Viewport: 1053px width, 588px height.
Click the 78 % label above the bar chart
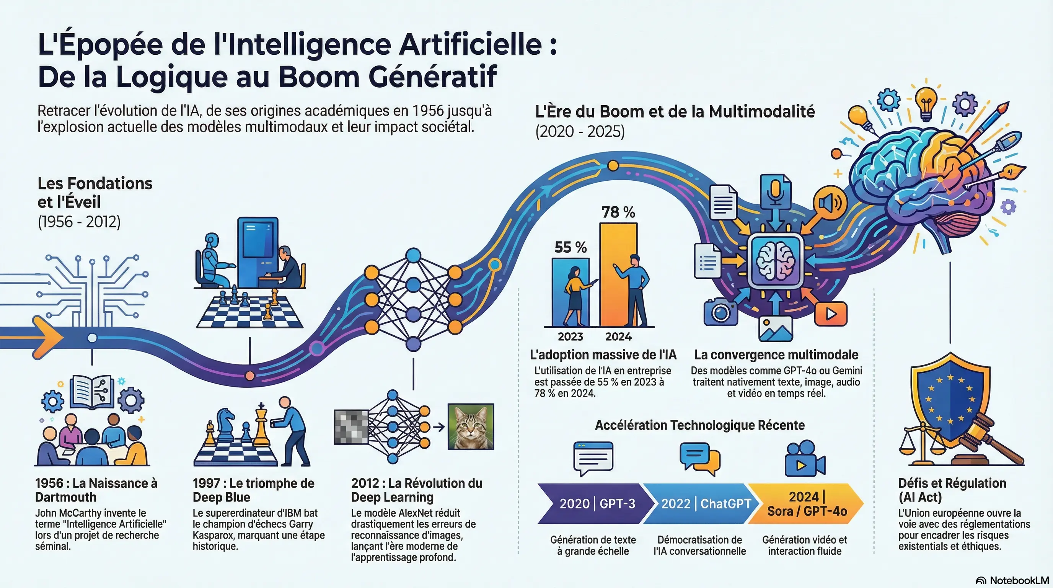tap(618, 212)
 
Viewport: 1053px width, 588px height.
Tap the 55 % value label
tap(570, 247)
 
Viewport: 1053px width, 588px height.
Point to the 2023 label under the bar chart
tap(570, 336)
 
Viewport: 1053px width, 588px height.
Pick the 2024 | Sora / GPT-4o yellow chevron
tap(807, 503)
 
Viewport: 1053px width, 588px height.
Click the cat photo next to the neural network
tap(471, 426)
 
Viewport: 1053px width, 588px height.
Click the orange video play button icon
tap(831, 314)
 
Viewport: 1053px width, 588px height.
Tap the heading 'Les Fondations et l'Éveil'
tap(95, 193)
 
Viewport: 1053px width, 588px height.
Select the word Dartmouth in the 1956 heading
tap(66, 497)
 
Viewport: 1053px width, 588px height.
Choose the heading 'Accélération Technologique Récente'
tap(699, 425)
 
